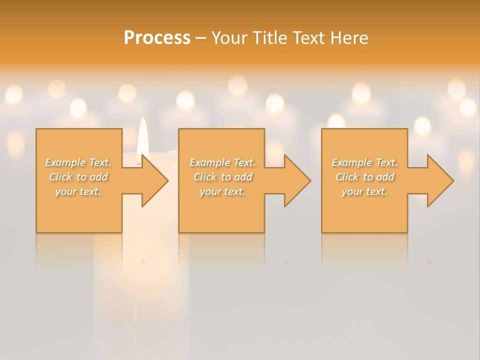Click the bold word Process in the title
pos(157,37)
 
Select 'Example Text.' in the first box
pos(78,162)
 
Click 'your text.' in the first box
pos(78,191)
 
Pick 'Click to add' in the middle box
pos(222,177)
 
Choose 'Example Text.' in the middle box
pos(222,162)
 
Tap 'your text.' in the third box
pos(364,191)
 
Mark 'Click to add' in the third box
pos(364,177)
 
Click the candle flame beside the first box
pos(142,135)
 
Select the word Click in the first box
pos(60,177)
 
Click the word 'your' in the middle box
pos(210,191)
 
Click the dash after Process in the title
pos(200,38)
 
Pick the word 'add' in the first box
pos(99,177)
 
